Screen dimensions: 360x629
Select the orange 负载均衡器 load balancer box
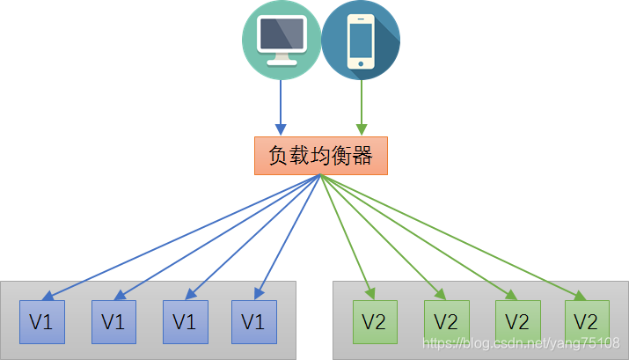point(320,156)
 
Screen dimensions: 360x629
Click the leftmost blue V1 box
point(41,321)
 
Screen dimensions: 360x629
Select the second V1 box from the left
point(113,321)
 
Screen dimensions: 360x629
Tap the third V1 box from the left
point(183,321)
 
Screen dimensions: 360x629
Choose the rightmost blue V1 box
point(253,321)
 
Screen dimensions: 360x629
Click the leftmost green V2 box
point(375,321)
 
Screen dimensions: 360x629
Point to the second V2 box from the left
point(446,321)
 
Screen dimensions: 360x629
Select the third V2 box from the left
point(516,321)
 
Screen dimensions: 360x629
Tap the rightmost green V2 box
point(586,321)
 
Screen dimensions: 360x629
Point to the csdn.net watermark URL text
point(521,342)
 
